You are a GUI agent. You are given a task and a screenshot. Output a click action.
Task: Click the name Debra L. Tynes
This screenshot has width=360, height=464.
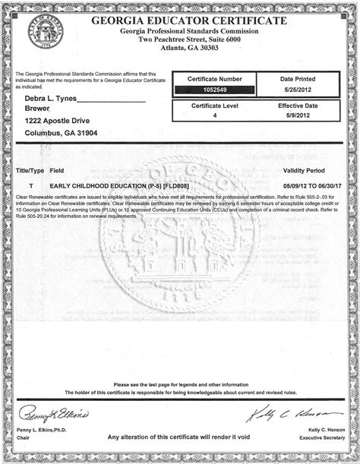(x=51, y=99)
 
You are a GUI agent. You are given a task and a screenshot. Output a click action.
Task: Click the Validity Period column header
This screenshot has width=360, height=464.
(x=304, y=172)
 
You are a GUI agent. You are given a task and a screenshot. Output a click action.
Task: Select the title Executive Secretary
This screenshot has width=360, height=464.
(x=322, y=438)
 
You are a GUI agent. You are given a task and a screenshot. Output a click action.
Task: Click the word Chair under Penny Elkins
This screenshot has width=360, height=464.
(x=24, y=438)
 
